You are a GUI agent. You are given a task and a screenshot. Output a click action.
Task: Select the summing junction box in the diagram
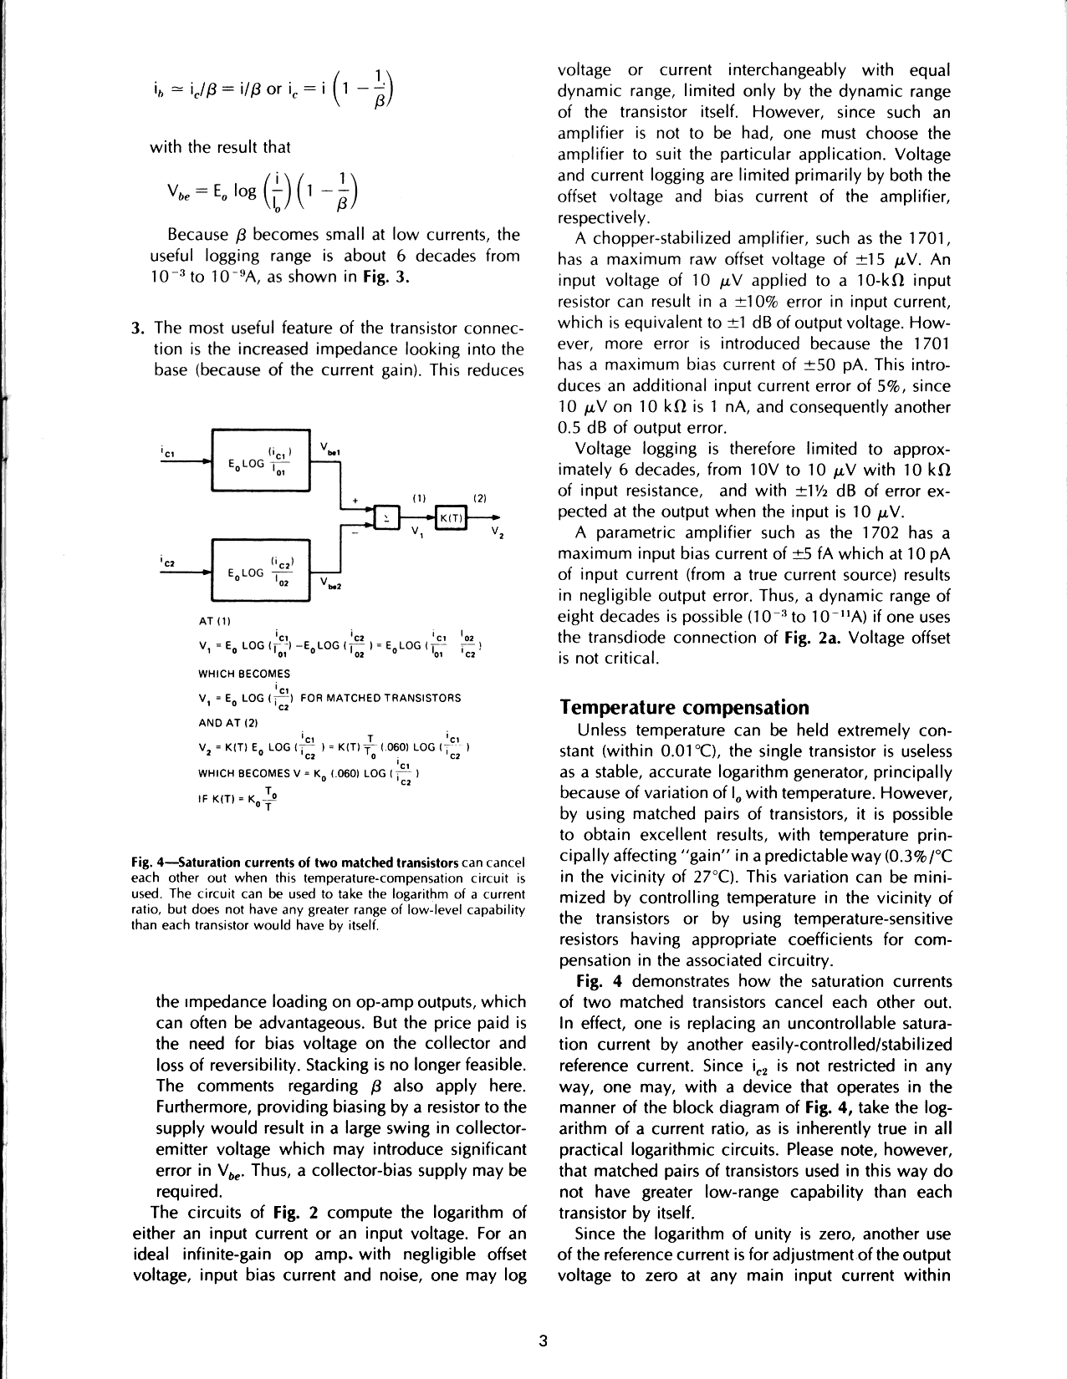[388, 518]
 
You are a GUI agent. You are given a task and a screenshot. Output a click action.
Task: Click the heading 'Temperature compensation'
[685, 708]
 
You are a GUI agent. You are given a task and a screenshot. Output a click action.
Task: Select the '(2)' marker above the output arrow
[480, 497]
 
